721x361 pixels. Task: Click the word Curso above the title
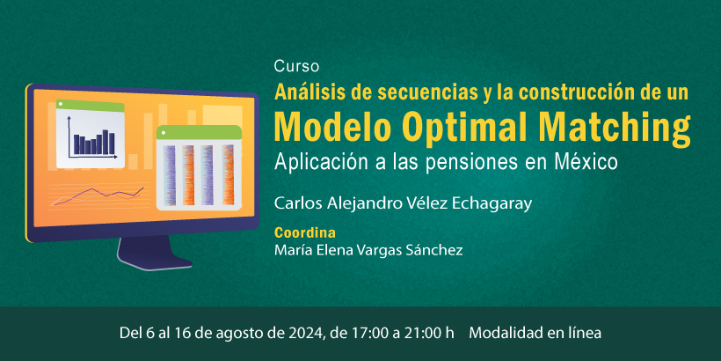click(296, 67)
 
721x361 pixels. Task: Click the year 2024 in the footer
click(308, 333)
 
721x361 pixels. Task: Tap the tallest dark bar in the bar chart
click(106, 142)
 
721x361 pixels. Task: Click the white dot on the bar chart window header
click(61, 104)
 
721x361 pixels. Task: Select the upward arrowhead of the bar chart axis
click(69, 119)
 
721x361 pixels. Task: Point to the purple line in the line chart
click(99, 195)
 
